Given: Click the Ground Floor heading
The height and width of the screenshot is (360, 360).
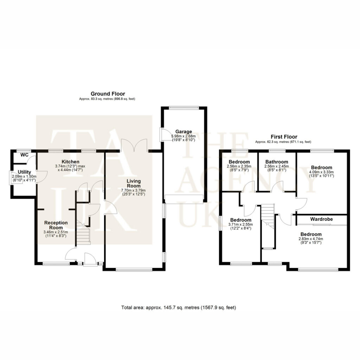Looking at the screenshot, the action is pos(108,94).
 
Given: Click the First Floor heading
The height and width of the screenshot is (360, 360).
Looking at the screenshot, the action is pos(284,137).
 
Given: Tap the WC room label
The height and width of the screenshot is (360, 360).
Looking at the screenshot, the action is pos(24,155).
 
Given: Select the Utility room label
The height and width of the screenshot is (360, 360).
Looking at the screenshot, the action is pos(24,172).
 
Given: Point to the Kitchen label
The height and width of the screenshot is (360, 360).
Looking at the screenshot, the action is pos(70,162).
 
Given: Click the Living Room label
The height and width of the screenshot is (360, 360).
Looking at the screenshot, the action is pos(134,184).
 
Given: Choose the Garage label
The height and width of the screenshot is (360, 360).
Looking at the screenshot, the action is pos(184,131).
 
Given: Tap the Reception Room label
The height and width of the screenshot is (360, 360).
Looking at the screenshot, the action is pos(56,225).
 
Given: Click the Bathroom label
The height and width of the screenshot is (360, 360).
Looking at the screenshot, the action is pos(277,162).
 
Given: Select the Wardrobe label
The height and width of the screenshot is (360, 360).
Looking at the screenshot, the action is pos(321,219).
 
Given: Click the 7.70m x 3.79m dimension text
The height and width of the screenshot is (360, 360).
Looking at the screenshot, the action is pos(133,190).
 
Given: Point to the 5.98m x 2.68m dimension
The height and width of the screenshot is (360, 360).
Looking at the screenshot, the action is pos(184,136).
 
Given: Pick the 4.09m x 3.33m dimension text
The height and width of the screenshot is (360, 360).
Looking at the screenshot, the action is pos(321,172).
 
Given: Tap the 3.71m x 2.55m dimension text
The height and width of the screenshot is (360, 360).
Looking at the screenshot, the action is pos(240,225).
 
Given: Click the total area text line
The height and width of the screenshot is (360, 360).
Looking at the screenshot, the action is pos(179,307).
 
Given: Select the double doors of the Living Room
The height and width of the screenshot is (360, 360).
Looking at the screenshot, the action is pos(134,145).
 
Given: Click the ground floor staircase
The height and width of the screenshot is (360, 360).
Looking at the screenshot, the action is pos(83,233).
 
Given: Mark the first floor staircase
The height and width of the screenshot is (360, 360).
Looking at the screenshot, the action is pos(268,216).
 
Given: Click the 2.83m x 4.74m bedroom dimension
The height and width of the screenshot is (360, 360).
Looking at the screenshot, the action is pos(311,239).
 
